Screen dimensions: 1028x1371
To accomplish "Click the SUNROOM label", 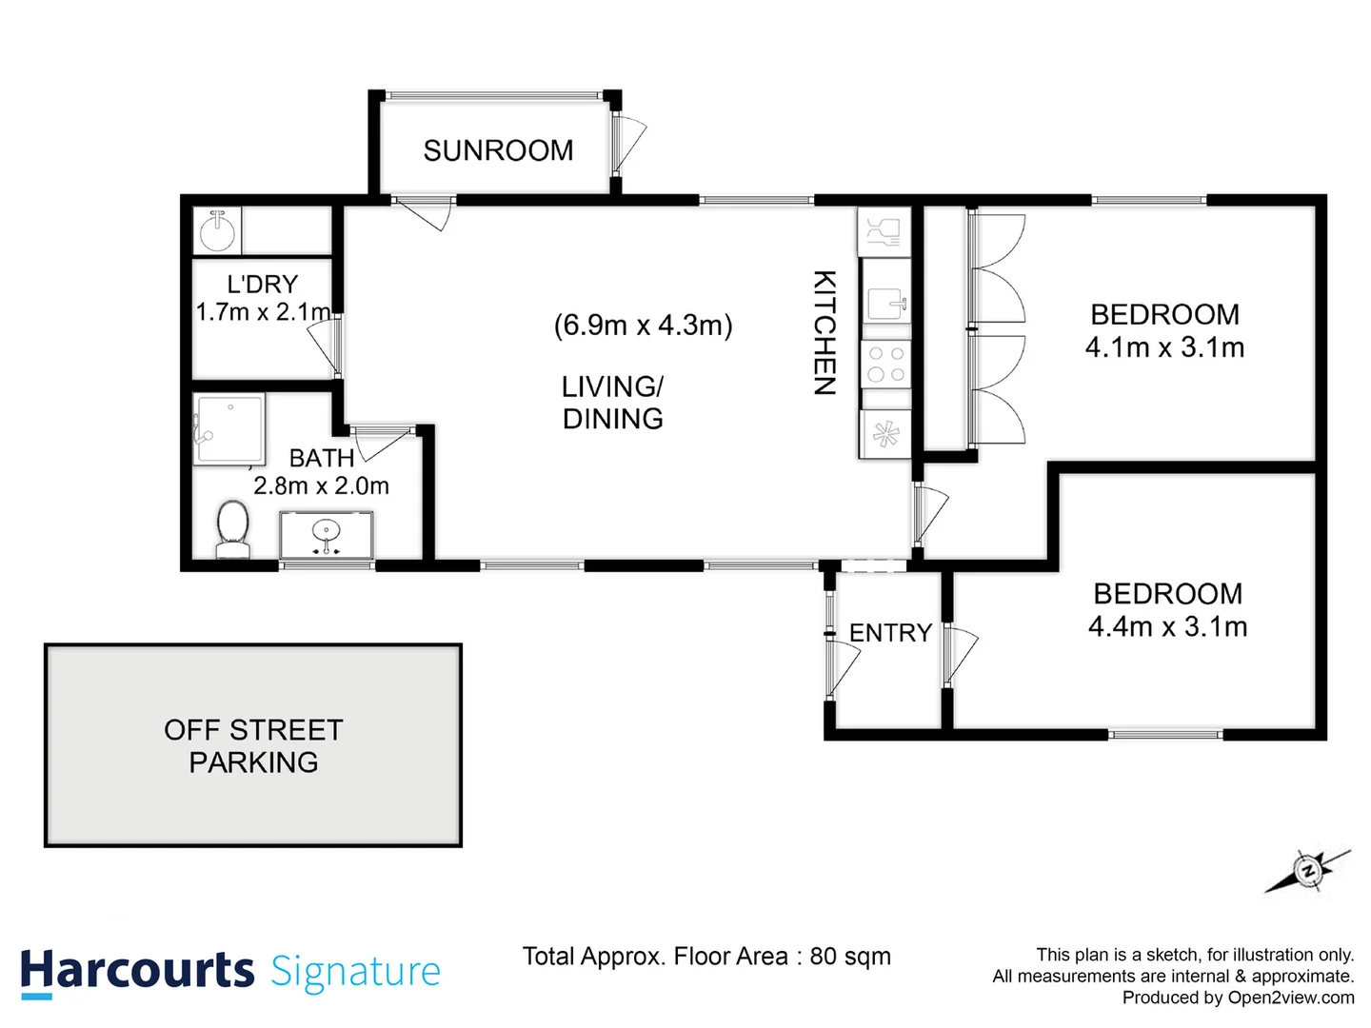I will pyautogui.click(x=498, y=150).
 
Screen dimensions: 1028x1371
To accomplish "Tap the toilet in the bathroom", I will pyautogui.click(x=233, y=529).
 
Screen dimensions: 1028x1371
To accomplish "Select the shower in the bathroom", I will pyautogui.click(x=228, y=430).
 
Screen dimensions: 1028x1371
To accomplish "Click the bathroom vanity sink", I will pyautogui.click(x=327, y=534).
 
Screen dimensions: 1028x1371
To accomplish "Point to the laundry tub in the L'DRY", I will pyautogui.click(x=218, y=230).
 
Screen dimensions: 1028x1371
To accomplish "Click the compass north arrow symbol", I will pyautogui.click(x=1308, y=870).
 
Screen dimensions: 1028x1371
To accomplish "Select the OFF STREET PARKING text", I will pyautogui.click(x=253, y=746).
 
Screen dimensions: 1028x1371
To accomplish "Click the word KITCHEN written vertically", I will pyautogui.click(x=825, y=332).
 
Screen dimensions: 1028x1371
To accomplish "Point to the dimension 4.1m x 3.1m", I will pyautogui.click(x=1164, y=347).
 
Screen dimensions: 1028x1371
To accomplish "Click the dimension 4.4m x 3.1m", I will pyautogui.click(x=1167, y=626).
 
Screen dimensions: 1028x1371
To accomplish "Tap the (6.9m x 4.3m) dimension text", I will pyautogui.click(x=643, y=325).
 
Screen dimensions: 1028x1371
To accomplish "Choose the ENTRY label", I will pyautogui.click(x=890, y=633).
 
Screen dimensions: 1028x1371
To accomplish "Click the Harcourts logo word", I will pyautogui.click(x=137, y=971).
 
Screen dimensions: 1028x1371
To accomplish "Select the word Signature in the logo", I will pyautogui.click(x=356, y=972).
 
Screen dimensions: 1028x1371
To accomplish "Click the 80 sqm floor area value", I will pyautogui.click(x=849, y=957).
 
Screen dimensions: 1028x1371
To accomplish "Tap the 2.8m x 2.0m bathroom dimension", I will pyautogui.click(x=321, y=486).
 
